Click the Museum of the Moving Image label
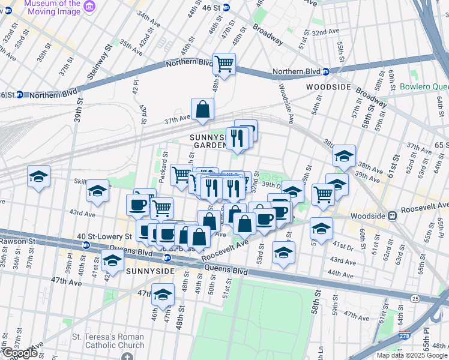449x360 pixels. (52, 7)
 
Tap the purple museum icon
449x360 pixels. (90, 7)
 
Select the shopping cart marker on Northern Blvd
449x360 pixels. (224, 64)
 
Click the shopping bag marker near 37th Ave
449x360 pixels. (203, 110)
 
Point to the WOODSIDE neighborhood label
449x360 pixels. (328, 87)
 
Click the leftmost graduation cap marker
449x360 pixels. (38, 176)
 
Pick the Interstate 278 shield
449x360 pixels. (406, 338)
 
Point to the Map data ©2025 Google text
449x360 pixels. (412, 355)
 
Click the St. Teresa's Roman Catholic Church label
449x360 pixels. (108, 341)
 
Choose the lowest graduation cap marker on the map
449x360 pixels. (162, 295)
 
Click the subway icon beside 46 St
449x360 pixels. (226, 7)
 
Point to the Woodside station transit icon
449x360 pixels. (392, 215)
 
